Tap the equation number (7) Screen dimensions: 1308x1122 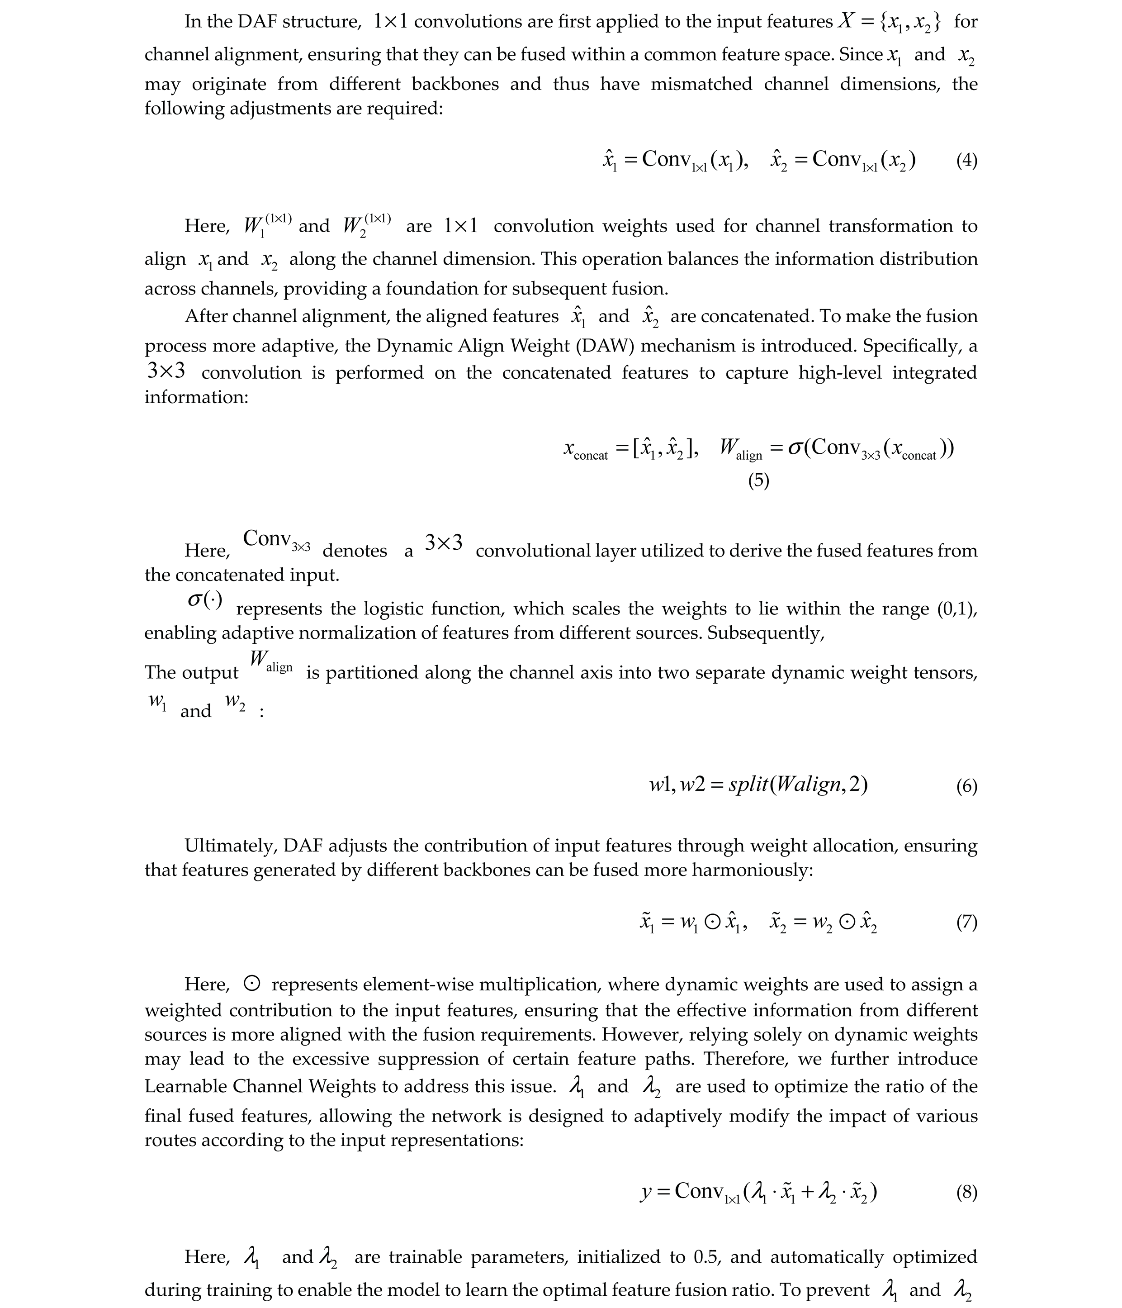point(966,922)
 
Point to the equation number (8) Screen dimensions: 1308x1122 point(966,1192)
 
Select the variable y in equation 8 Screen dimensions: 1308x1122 point(645,1192)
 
